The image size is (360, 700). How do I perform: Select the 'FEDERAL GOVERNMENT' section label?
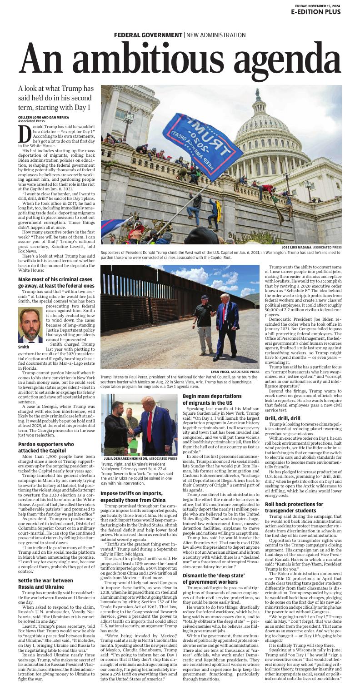coord(148,35)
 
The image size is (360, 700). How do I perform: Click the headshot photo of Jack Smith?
coord(30,325)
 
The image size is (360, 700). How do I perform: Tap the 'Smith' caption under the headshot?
coord(24,347)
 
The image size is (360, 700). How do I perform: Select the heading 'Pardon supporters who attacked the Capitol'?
coord(46,447)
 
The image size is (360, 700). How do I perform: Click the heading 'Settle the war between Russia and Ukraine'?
coord(45,583)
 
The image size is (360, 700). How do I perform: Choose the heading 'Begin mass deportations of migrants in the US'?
coord(212,399)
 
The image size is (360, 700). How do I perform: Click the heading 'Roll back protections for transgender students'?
coord(294,507)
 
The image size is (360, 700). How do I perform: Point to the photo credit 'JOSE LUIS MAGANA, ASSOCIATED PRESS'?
coord(311,247)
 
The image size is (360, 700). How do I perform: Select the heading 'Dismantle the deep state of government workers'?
coord(210,579)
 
